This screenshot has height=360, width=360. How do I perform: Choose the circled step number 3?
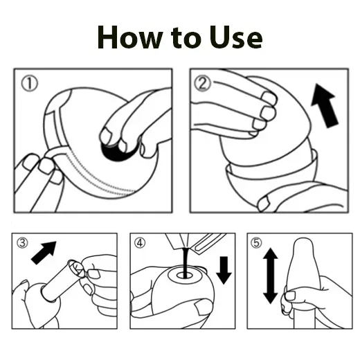(x=23, y=242)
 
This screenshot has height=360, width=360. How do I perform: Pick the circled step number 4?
(x=141, y=242)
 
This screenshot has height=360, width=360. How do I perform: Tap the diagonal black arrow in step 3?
(x=45, y=252)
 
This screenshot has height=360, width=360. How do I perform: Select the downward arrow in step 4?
(x=224, y=269)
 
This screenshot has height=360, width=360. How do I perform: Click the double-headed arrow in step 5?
(x=271, y=276)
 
